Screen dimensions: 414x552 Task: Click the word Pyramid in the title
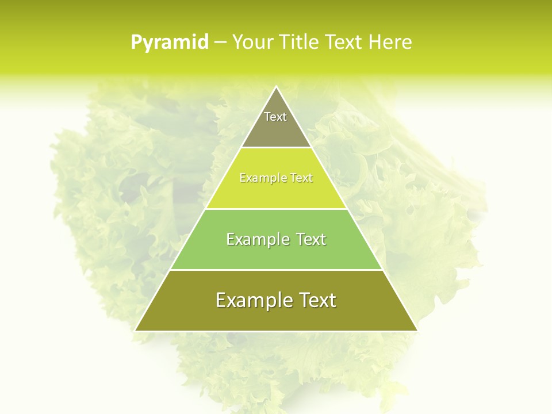[x=170, y=43]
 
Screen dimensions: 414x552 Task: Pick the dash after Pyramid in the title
[x=220, y=43]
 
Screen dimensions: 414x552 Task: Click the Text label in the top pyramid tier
[x=275, y=117]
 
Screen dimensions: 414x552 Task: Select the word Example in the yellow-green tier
[x=262, y=178]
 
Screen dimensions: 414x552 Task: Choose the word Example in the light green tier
[x=256, y=239]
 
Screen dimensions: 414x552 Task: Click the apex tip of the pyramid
[x=276, y=87]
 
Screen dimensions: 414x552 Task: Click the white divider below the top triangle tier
[x=276, y=148]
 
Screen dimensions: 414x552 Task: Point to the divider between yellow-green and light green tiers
[x=276, y=209]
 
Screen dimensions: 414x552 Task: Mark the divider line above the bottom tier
[x=276, y=270]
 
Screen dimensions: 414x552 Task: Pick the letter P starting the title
[x=136, y=43]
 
